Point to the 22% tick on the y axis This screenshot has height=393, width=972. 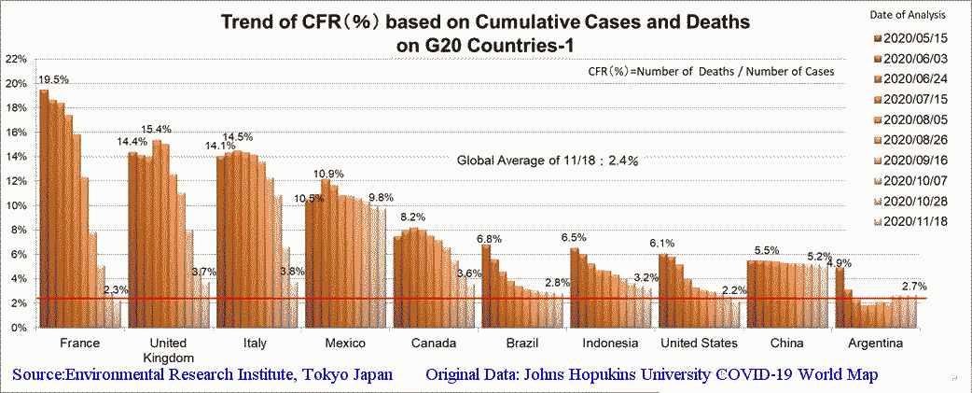[x=15, y=59]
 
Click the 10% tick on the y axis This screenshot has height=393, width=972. [x=15, y=205]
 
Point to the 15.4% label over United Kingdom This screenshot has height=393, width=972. [x=157, y=129]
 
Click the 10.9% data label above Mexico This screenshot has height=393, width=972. [x=327, y=174]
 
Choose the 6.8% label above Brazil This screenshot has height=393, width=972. [x=490, y=238]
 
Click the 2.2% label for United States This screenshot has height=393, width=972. [x=735, y=290]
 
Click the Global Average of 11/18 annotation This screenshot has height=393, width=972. [x=547, y=161]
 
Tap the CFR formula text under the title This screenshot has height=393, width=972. [x=711, y=71]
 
